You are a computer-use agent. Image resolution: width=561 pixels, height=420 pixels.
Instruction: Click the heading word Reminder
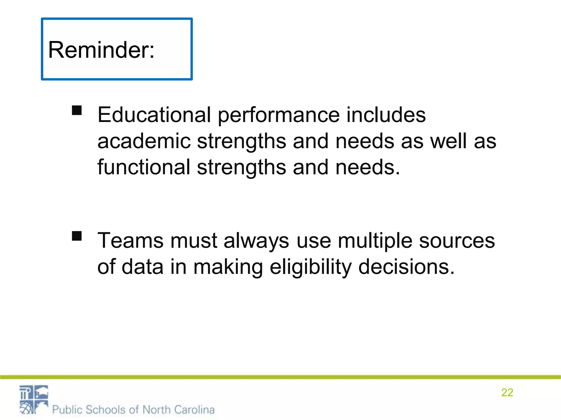coord(101,50)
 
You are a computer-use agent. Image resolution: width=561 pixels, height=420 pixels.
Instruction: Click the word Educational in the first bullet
coord(154,115)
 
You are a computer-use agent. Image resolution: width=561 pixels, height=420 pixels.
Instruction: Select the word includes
coord(386,115)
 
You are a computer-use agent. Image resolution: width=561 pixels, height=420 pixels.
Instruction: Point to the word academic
coord(144,141)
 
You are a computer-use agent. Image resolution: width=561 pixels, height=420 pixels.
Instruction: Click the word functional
coord(144,167)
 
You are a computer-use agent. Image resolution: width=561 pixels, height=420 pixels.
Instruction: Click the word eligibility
coord(310,267)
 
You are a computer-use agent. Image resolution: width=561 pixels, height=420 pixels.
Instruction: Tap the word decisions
coord(407,267)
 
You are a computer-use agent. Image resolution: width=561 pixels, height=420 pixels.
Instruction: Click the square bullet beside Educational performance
coord(77,110)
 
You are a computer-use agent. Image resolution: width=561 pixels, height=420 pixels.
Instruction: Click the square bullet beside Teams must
coord(77,236)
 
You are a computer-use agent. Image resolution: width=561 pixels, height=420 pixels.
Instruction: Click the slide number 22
coord(507,392)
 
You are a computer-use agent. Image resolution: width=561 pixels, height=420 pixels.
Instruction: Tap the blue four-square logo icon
coord(34,399)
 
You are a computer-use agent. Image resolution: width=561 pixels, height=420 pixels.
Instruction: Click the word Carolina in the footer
coord(194,410)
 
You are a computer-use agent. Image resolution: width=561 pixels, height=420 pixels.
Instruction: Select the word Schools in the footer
coord(106,410)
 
